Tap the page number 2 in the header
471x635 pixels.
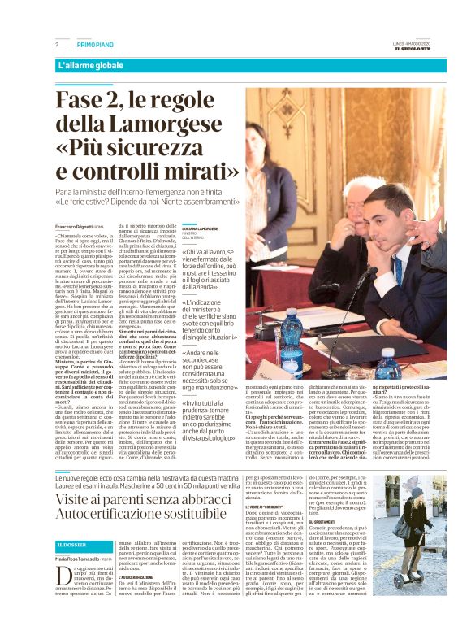click(x=58, y=44)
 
